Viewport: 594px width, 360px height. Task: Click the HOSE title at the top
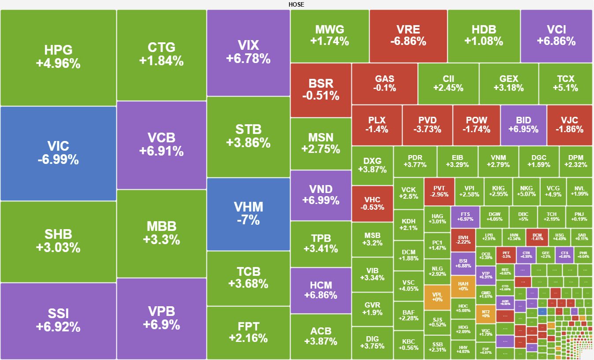click(x=296, y=4)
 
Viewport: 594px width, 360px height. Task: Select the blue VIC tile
click(x=58, y=153)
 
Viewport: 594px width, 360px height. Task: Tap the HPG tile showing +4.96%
click(x=58, y=57)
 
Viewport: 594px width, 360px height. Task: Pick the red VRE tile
click(x=408, y=36)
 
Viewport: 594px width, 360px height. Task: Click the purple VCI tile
click(x=556, y=36)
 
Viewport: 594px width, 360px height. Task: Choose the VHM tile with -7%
click(x=248, y=214)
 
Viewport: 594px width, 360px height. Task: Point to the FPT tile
click(x=248, y=332)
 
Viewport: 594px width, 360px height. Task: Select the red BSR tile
click(x=321, y=90)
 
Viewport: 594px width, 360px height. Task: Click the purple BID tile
click(x=523, y=125)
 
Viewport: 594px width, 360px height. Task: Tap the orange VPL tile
click(x=437, y=297)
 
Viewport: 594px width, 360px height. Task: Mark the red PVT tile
click(x=439, y=191)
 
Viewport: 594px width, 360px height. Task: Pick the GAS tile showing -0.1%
click(x=384, y=83)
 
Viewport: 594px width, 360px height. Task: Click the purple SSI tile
click(x=58, y=320)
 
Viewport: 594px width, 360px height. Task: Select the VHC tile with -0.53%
click(x=372, y=203)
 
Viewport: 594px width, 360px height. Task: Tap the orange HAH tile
click(x=463, y=286)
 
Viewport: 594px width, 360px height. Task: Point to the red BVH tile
click(x=463, y=239)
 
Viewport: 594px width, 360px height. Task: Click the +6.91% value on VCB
click(x=161, y=152)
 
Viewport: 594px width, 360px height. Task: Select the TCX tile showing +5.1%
click(x=565, y=83)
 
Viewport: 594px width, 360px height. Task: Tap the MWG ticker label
click(x=329, y=30)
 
